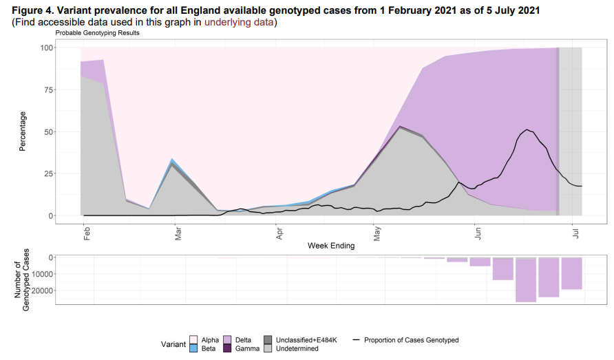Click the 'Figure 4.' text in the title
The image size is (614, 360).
tap(34, 10)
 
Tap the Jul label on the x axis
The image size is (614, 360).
tap(575, 233)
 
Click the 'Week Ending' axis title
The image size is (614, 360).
tap(331, 246)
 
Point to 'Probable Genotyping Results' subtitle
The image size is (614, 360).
tap(97, 34)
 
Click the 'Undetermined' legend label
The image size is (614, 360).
tap(297, 349)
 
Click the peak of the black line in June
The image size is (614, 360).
tap(527, 129)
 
